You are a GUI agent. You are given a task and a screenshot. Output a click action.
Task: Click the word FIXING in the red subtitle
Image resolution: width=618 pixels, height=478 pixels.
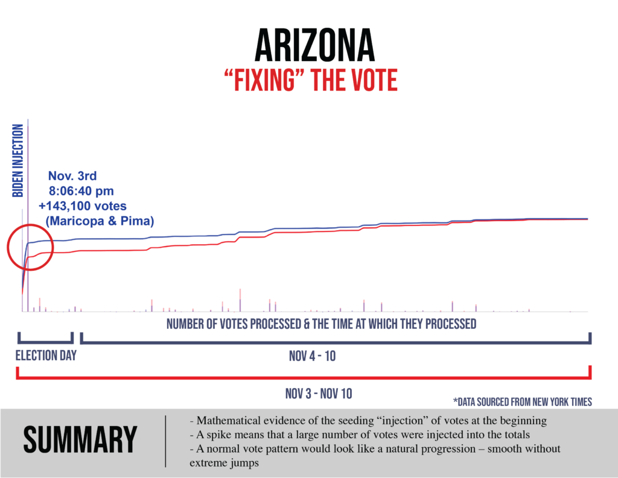pos(270,80)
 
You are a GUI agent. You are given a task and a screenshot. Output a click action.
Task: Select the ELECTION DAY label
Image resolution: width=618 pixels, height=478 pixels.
pos(46,355)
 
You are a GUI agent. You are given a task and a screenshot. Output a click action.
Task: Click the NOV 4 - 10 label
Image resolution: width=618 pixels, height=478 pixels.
pos(312,356)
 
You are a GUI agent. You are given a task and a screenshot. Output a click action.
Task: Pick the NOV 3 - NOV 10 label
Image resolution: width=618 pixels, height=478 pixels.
pos(319,394)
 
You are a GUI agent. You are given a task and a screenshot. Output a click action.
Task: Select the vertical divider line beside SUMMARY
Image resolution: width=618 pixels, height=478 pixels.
pos(165,441)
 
